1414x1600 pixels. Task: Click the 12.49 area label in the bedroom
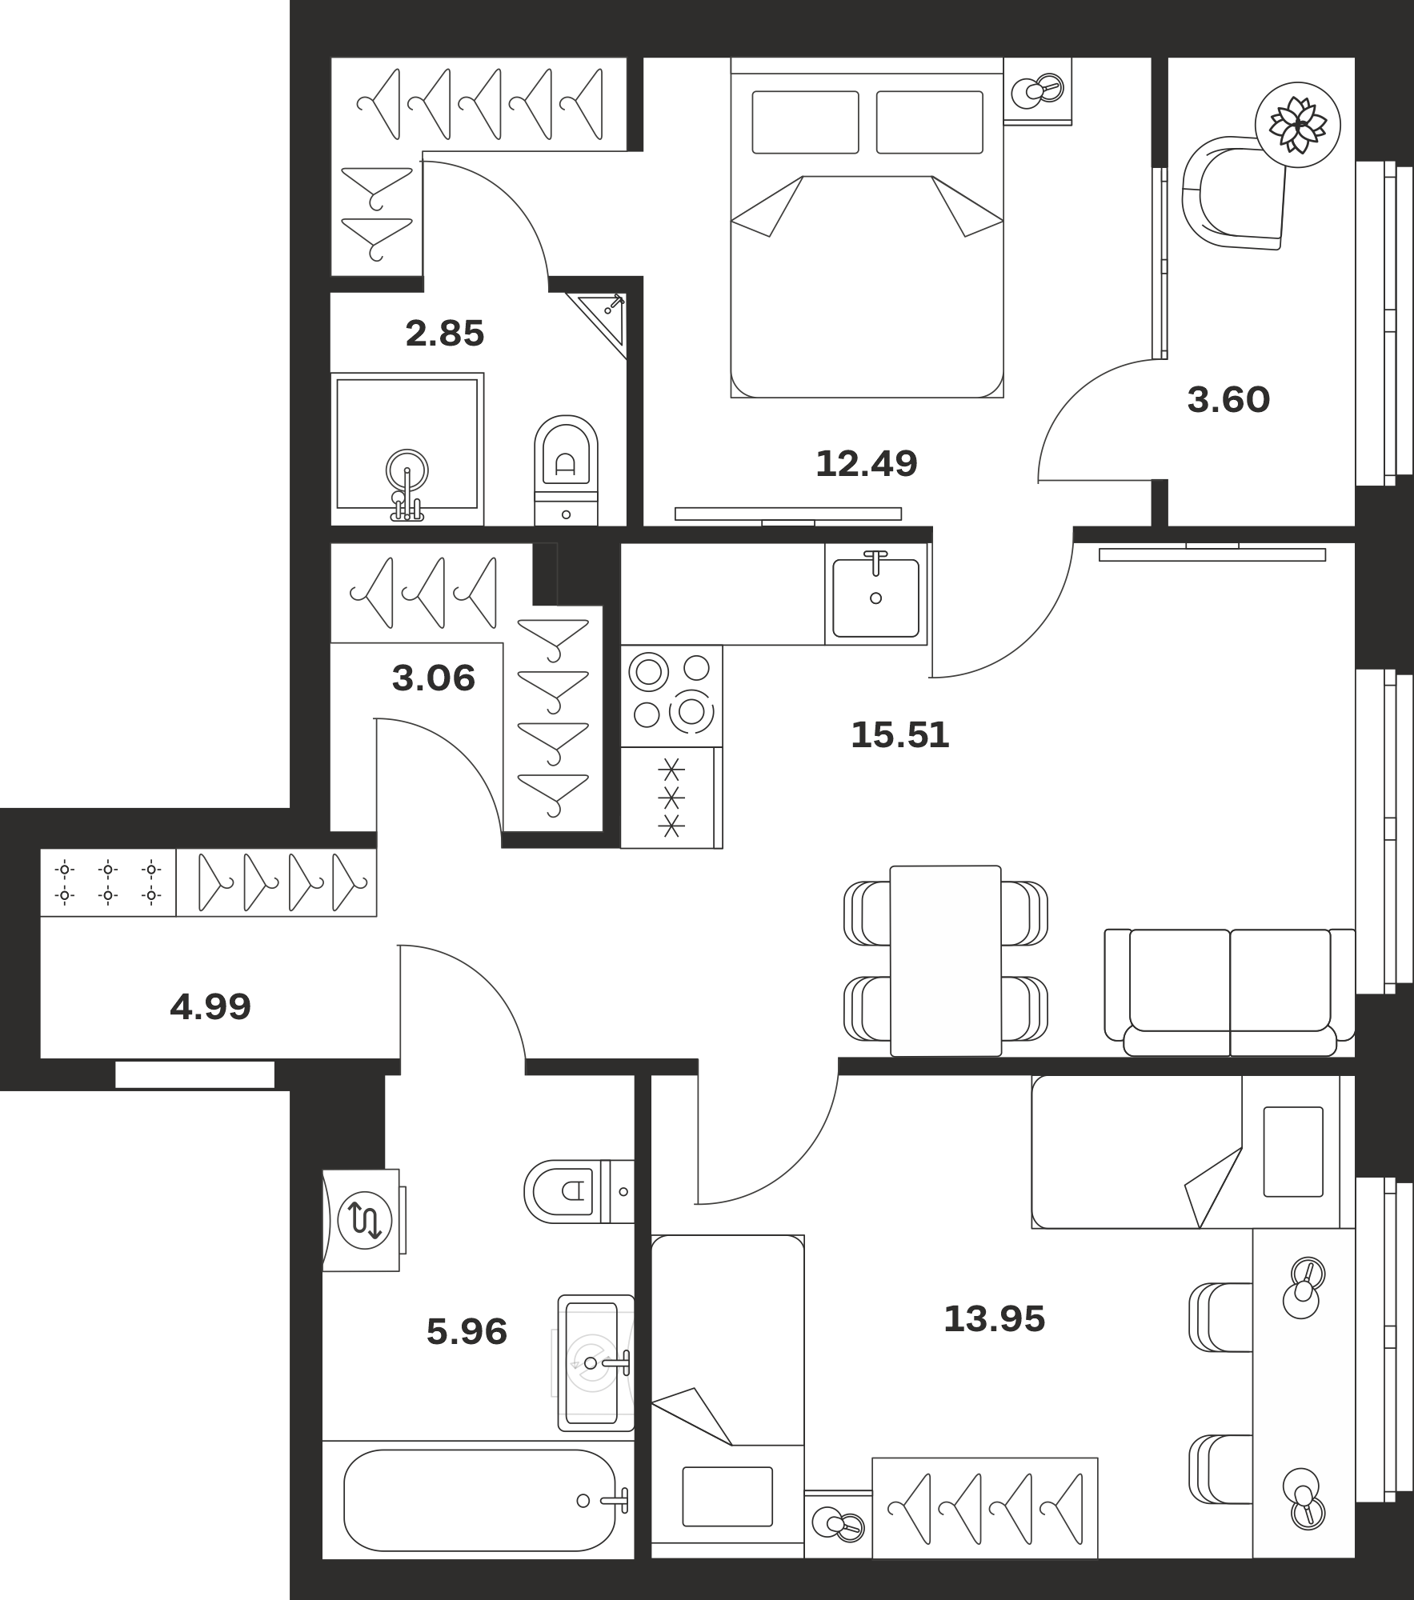pos(866,464)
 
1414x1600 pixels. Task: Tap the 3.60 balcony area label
pos(1228,400)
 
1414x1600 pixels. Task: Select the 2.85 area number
pos(445,334)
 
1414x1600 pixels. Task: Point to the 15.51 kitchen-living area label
pos(900,735)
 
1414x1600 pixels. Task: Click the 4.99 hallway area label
pos(210,1006)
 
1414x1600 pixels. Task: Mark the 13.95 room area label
pos(994,1319)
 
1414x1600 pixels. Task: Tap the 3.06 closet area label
pos(434,678)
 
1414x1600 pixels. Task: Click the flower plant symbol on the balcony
pos(1296,125)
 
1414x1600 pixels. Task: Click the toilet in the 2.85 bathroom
pos(566,470)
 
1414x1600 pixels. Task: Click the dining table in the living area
pos(946,961)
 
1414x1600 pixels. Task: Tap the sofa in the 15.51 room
pos(1230,992)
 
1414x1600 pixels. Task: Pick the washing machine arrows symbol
pos(365,1221)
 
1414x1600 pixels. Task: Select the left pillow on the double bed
pos(805,122)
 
